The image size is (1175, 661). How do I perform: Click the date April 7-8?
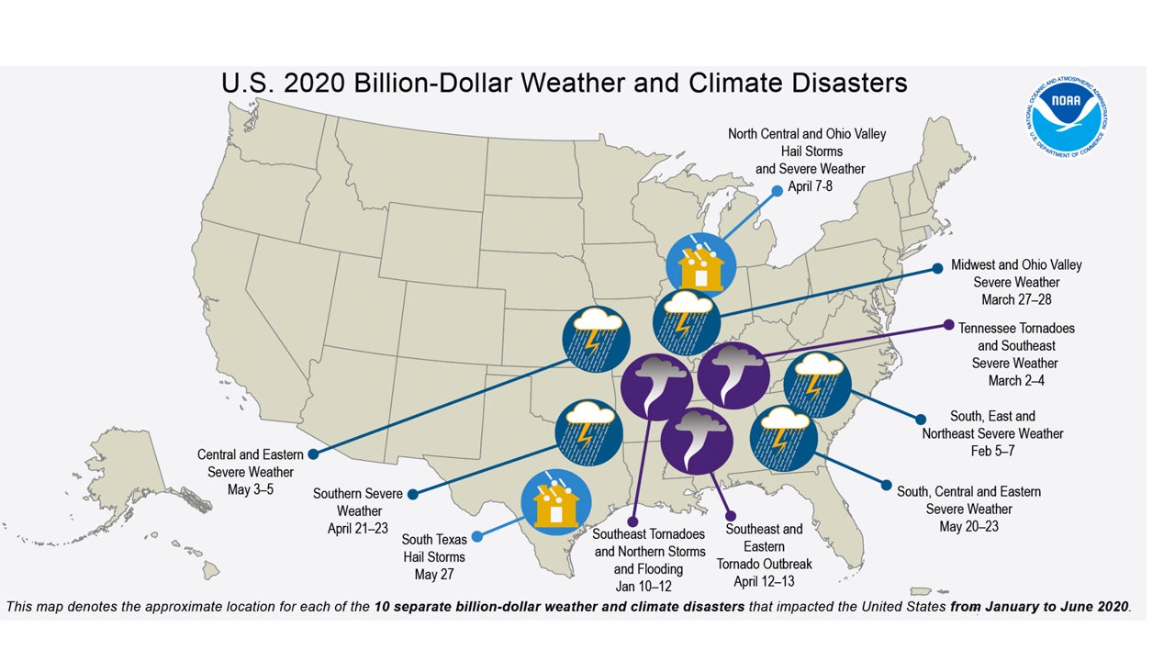(x=807, y=185)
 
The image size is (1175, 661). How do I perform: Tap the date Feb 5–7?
(x=992, y=451)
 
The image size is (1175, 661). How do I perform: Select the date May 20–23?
(x=968, y=526)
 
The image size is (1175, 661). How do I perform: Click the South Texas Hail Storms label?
(x=433, y=548)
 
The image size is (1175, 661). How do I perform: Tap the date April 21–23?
(x=358, y=528)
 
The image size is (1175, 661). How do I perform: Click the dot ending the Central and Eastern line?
(x=313, y=454)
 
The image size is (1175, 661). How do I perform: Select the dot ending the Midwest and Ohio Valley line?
(x=938, y=269)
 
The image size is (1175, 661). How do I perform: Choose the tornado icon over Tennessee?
(x=733, y=375)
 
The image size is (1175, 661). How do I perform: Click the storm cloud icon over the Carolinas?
(x=816, y=384)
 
